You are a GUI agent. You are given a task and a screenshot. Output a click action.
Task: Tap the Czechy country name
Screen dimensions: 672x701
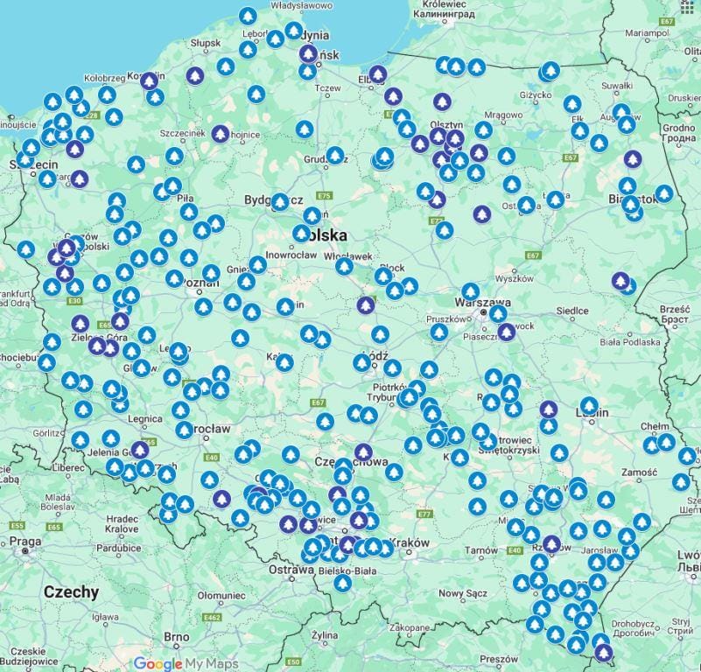click(x=72, y=592)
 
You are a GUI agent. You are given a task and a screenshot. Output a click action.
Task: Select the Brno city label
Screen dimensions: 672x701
click(x=177, y=637)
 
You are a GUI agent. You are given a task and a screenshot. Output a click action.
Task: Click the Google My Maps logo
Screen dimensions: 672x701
click(x=186, y=663)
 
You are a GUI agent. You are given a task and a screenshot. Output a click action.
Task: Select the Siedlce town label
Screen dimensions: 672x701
click(x=572, y=311)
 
